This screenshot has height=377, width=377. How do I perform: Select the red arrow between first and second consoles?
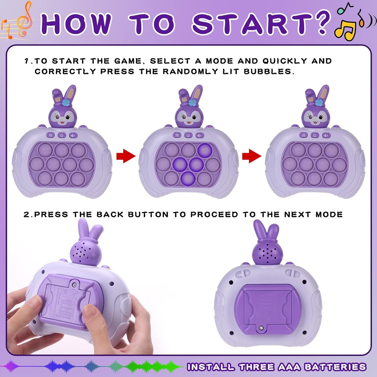coord(126,156)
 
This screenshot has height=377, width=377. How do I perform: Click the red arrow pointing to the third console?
coord(252,156)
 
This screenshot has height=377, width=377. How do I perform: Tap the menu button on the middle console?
coord(177,135)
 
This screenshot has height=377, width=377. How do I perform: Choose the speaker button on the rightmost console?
coord(326,135)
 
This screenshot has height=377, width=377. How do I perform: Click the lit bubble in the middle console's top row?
coord(205,150)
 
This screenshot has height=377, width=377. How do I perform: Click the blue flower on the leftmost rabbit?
coord(66,102)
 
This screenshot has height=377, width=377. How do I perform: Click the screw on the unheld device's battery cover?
coord(261,328)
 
